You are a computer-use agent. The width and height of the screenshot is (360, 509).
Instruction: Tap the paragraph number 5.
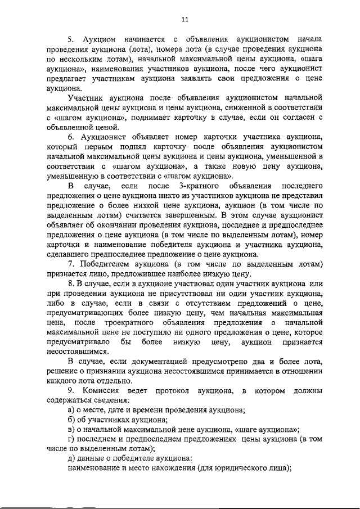click(x=70, y=39)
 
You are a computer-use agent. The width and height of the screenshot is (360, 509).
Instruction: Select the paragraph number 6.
click(x=70, y=137)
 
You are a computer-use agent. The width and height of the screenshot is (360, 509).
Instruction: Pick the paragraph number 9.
click(x=70, y=390)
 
